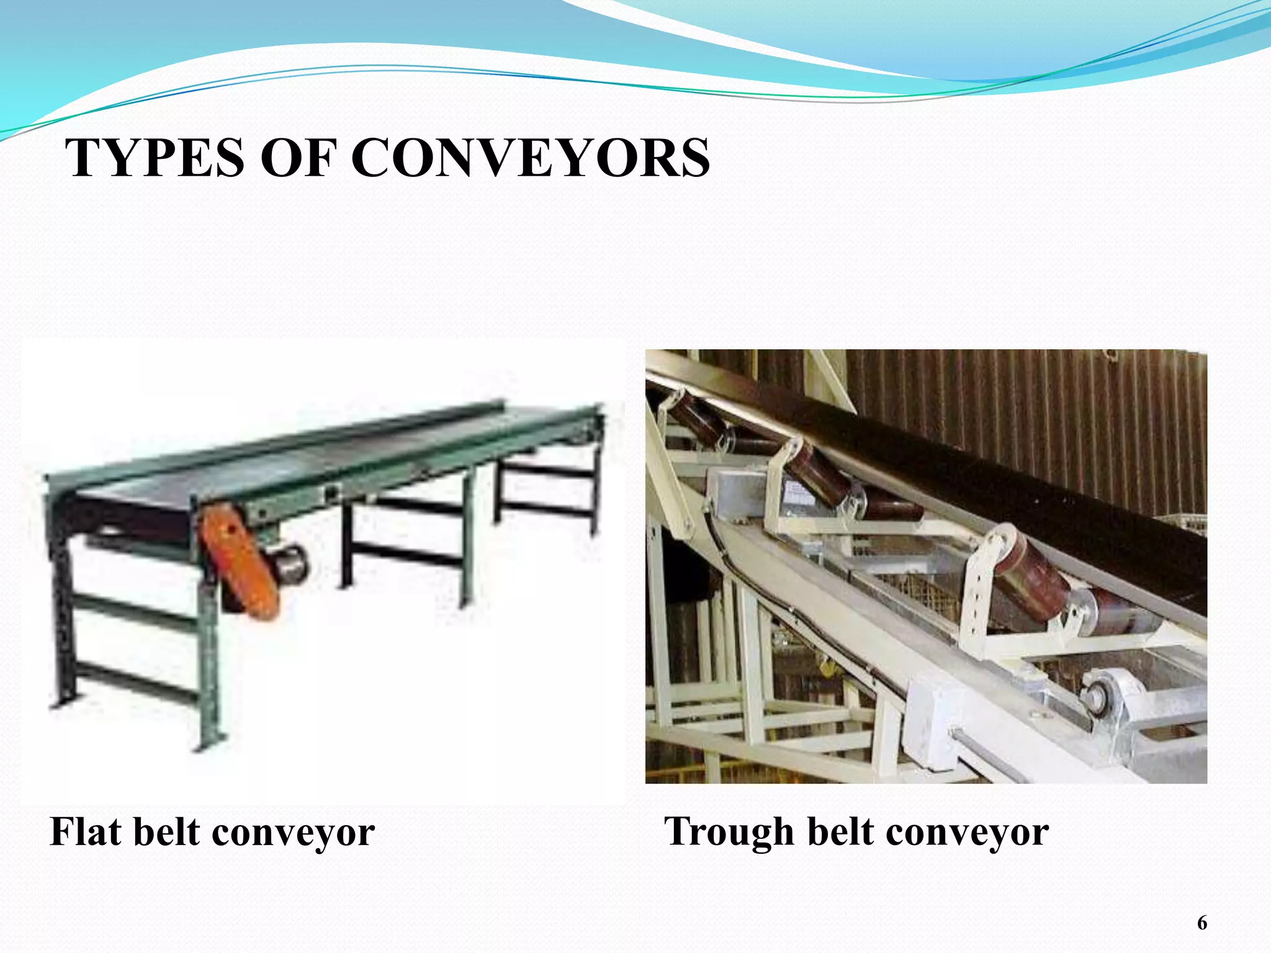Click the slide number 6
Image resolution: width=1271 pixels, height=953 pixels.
coord(1202,923)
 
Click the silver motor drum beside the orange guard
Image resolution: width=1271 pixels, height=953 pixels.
coord(290,562)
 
